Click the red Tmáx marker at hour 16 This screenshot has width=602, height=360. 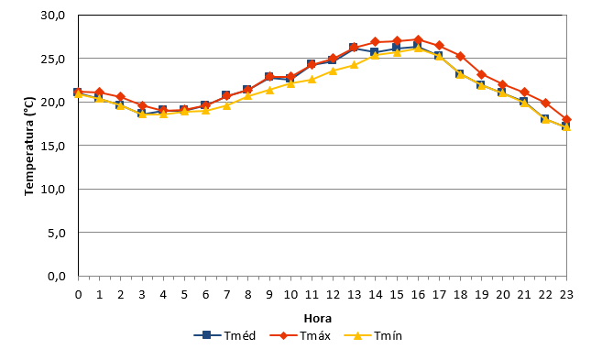[418, 39]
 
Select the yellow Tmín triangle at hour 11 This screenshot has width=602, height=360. [312, 80]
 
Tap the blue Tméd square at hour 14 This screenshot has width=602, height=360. [374, 52]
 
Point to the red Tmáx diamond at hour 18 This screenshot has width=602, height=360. [461, 57]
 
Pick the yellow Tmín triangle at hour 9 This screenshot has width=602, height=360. [269, 90]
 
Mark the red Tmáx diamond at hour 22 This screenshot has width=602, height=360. [545, 104]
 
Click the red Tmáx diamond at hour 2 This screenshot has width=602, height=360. [121, 96]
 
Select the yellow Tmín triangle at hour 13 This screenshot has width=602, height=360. [354, 65]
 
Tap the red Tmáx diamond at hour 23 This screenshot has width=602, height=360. [566, 119]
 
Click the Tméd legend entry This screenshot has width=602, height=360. [224, 335]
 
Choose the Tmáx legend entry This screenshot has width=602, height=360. [300, 335]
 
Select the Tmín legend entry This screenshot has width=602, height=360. [373, 335]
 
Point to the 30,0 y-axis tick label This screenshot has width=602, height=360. [53, 16]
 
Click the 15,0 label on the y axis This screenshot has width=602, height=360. [53, 146]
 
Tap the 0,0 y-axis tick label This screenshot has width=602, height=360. [57, 277]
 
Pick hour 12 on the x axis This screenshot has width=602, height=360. [333, 294]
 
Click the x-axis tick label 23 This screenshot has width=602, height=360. [566, 294]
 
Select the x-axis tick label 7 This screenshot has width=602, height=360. [227, 294]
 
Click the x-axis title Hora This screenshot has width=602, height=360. [318, 319]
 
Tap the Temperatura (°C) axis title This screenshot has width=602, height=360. [29, 146]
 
